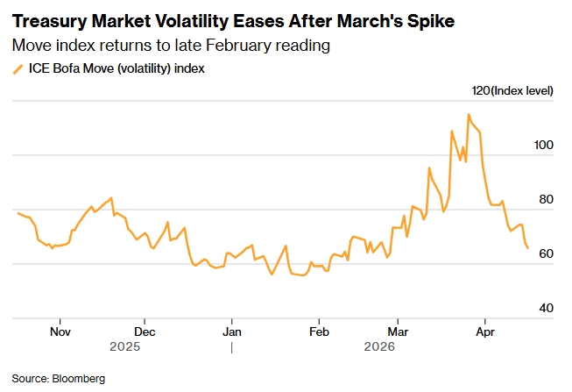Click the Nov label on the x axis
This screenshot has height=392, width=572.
click(x=60, y=332)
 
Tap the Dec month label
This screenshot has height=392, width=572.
click(x=145, y=332)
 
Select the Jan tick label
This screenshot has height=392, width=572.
click(x=232, y=332)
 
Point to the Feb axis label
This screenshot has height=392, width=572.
click(x=319, y=332)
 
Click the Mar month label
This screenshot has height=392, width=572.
click(x=398, y=332)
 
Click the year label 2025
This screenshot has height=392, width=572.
click(x=125, y=346)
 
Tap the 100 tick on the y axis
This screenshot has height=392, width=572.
click(x=544, y=146)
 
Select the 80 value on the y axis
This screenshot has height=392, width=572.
click(x=547, y=200)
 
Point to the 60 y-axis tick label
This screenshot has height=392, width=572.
click(x=547, y=254)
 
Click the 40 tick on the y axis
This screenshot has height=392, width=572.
click(x=547, y=309)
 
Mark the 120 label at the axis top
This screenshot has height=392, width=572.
click(x=481, y=91)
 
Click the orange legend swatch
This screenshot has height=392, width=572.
click(x=17, y=69)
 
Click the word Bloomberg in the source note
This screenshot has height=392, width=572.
click(x=79, y=378)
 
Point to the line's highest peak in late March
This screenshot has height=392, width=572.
click(x=469, y=114)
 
